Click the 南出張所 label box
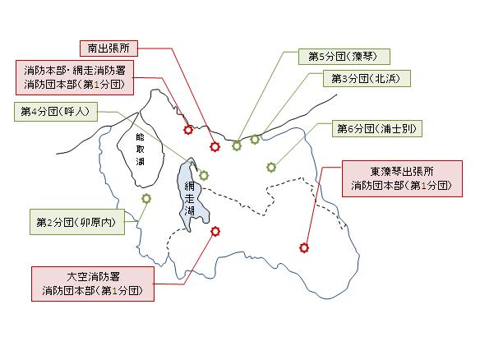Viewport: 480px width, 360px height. (108, 48)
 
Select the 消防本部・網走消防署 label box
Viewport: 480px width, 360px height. (75, 77)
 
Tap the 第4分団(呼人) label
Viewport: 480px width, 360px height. (56, 112)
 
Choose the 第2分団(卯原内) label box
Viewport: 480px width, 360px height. (77, 222)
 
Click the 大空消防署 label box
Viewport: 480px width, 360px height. (93, 284)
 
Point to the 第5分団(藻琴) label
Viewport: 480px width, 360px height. (344, 57)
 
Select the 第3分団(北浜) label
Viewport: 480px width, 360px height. (367, 79)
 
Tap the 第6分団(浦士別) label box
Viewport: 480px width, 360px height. (377, 128)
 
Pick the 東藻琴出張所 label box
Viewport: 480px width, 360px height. (402, 178)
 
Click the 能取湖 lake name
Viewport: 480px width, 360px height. (140, 149)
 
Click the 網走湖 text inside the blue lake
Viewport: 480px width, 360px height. (190, 198)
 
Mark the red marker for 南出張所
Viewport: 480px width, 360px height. (215, 147)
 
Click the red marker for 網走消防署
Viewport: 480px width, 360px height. (188, 130)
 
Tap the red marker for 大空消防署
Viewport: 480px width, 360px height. (215, 232)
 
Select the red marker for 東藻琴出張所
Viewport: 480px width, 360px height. (304, 247)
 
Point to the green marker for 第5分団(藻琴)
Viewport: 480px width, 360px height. (237, 146)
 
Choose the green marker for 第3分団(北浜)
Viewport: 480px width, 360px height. (255, 140)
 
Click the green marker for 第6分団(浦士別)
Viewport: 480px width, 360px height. (271, 167)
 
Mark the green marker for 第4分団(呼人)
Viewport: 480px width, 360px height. (204, 175)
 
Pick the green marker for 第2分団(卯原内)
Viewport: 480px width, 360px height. (146, 199)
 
